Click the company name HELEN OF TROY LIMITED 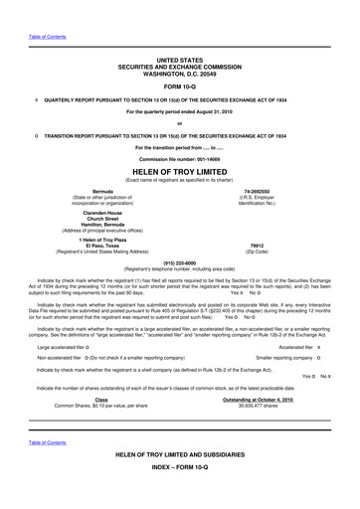179,171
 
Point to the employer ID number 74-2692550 258,188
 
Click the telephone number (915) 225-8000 179,260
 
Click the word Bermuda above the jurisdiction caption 102,188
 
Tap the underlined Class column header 101,400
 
